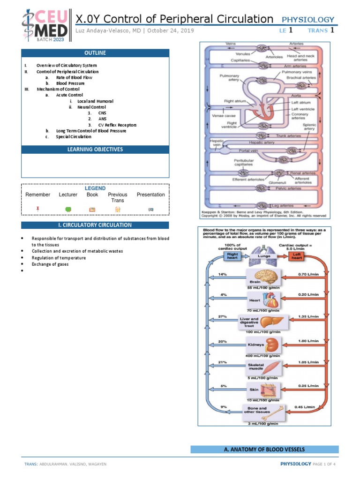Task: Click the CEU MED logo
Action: [45, 24]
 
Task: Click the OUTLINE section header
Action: [95, 53]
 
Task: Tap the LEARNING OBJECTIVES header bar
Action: [95, 150]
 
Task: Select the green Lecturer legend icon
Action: [68, 209]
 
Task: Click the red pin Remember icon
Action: [37, 209]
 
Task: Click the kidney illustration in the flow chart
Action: [272, 346]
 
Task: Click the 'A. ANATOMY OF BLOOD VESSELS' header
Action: [265, 450]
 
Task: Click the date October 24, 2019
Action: [170, 31]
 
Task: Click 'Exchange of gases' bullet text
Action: [50, 264]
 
